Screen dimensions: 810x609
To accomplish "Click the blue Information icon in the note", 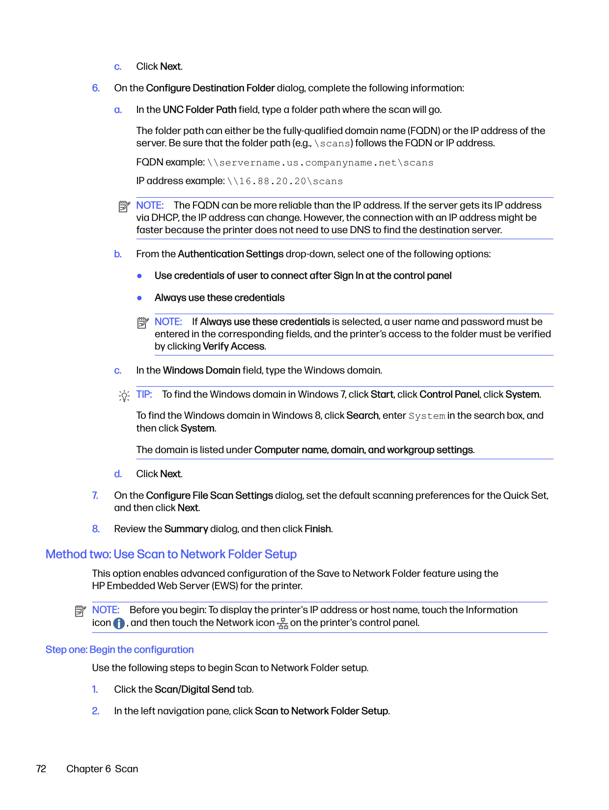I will (x=119, y=623).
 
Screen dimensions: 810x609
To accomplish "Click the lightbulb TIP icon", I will (x=124, y=396).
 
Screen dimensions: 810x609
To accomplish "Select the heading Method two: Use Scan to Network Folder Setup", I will (x=171, y=554).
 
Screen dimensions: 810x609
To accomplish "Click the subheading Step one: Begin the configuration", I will (x=119, y=649).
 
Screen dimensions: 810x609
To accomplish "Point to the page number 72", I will (x=41, y=769).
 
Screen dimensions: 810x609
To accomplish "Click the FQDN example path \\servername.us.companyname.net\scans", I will (x=320, y=163).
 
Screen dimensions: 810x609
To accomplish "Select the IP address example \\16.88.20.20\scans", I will (x=285, y=182).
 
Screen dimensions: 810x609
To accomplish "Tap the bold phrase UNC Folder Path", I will (x=199, y=109).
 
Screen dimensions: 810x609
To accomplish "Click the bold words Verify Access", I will (x=234, y=346).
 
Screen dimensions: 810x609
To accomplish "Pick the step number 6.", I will (x=96, y=88).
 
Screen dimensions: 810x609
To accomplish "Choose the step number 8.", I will (x=96, y=529).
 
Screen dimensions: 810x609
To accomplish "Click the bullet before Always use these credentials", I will (x=139, y=298).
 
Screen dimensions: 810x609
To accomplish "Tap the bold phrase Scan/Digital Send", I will (x=194, y=689).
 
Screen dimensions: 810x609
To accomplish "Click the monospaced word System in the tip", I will (x=427, y=416).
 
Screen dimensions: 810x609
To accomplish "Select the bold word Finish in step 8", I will (x=318, y=529).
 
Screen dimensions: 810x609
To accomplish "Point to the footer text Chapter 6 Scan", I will (x=102, y=769).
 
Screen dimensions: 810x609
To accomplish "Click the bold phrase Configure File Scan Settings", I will (x=209, y=495).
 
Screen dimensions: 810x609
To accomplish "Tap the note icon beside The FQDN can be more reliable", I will (x=124, y=207).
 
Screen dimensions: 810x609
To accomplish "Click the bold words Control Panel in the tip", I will (x=449, y=394).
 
